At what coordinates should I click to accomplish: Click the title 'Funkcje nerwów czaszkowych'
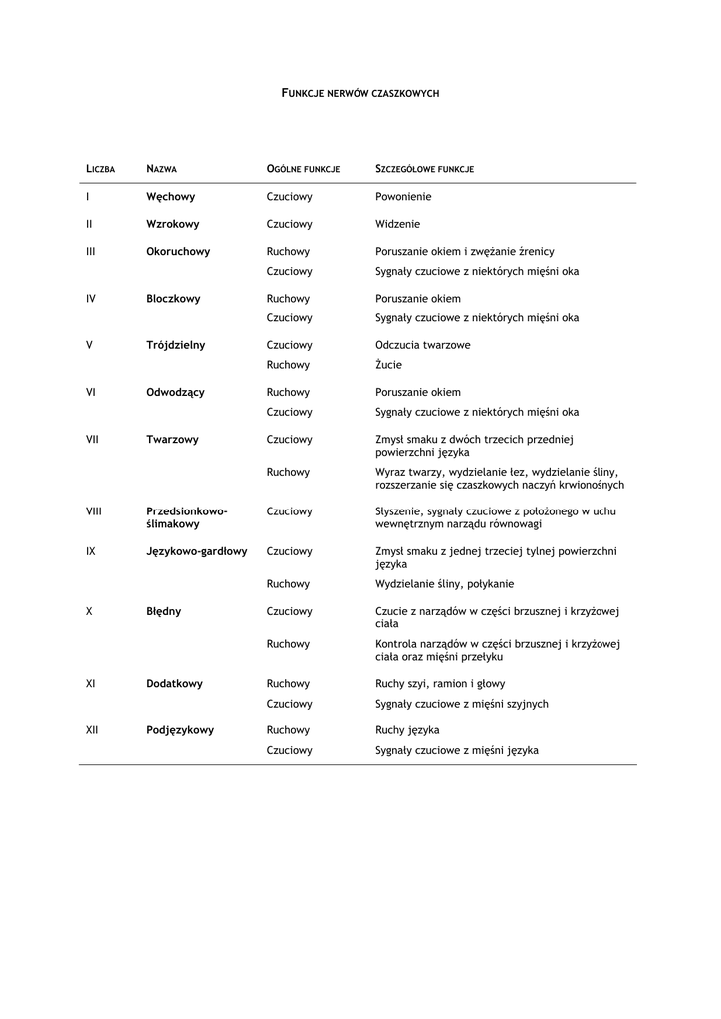[360, 93]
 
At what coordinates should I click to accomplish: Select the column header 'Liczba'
[101, 169]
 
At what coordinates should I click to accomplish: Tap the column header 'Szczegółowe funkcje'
[424, 169]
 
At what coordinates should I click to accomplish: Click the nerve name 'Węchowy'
[170, 197]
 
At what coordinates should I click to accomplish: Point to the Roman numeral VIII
[94, 511]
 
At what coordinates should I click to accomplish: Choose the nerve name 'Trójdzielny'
[175, 345]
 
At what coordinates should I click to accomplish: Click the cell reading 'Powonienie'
[403, 197]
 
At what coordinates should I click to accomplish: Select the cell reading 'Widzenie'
[397, 224]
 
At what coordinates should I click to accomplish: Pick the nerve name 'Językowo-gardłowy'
[196, 551]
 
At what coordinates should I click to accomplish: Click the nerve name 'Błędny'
[163, 611]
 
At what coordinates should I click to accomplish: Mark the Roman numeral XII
[92, 730]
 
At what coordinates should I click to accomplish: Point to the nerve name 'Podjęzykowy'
[179, 730]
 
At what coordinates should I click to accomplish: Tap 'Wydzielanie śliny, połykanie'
[444, 584]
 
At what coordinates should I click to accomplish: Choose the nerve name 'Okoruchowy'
[178, 251]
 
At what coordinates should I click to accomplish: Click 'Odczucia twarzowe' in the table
[422, 345]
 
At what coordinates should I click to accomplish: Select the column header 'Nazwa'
[162, 169]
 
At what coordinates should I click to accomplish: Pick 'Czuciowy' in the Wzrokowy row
[289, 224]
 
